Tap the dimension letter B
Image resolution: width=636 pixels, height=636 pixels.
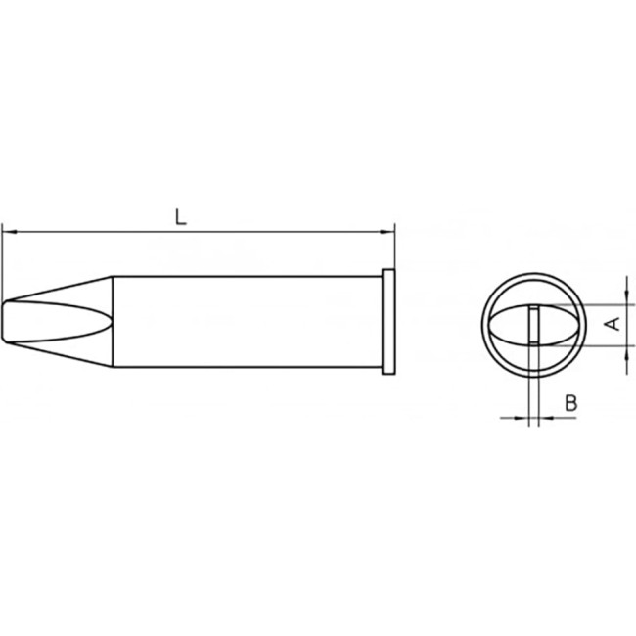(x=572, y=402)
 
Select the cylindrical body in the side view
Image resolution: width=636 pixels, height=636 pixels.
(x=245, y=322)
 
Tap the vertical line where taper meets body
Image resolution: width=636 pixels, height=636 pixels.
(x=113, y=322)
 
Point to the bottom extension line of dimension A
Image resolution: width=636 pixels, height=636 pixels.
(x=607, y=343)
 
